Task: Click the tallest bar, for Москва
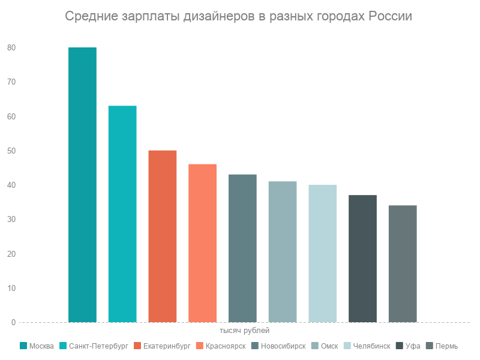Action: [x=82, y=185]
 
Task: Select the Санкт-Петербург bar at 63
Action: [x=122, y=214]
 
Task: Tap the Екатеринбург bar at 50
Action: [x=163, y=236]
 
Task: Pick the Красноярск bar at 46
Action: [x=202, y=243]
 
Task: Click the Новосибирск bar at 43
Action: [x=242, y=248]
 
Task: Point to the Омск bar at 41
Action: [x=283, y=252]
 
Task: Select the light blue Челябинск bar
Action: [x=322, y=254]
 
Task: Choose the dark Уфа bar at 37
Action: [x=362, y=259]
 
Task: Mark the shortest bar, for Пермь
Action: [x=403, y=264]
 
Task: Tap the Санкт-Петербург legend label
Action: [x=98, y=346]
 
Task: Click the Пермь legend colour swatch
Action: [x=429, y=346]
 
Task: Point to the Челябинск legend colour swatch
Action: [x=349, y=346]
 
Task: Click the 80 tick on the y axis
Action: [x=11, y=47]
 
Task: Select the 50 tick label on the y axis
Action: [x=11, y=151]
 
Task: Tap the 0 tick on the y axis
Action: [x=13, y=323]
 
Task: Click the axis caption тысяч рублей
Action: [x=244, y=331]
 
